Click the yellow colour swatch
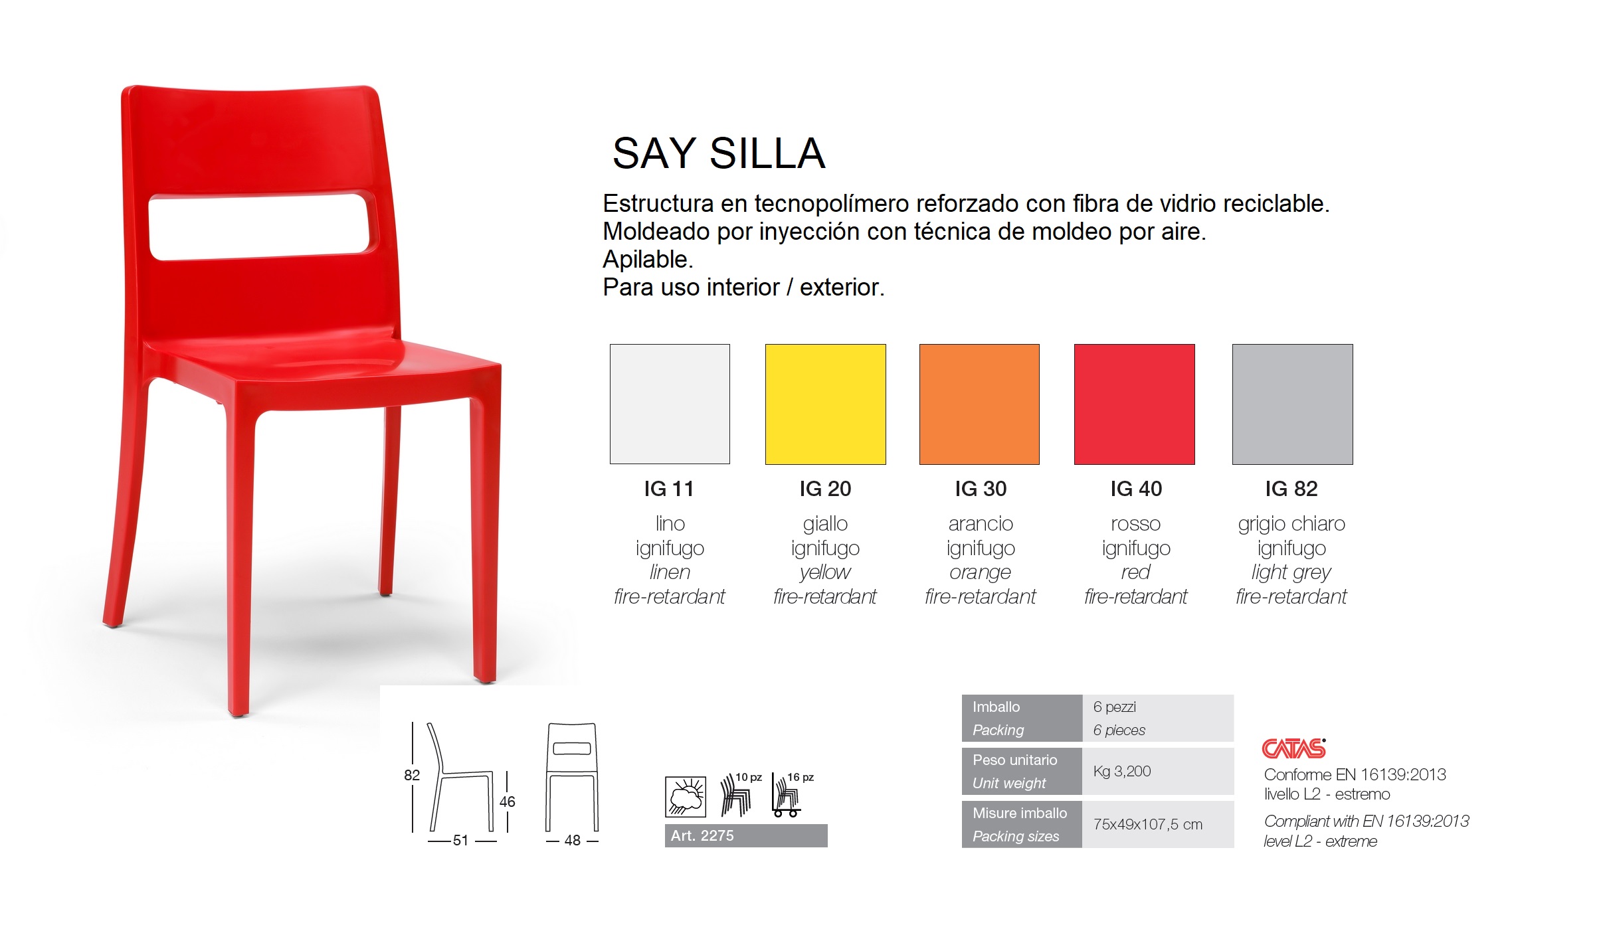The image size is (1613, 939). [x=825, y=404]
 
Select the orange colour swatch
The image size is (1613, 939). [x=979, y=404]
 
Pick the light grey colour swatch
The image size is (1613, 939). [x=1292, y=404]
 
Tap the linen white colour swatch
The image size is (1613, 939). [x=670, y=404]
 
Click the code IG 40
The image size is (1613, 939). [x=1136, y=489]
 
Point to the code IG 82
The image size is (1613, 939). [x=1291, y=489]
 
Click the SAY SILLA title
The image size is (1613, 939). [x=719, y=153]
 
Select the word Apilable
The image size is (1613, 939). [x=648, y=260]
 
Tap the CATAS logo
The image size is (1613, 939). [x=1293, y=748]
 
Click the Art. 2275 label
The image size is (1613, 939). [x=702, y=835]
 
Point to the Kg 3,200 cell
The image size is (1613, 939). [x=1122, y=771]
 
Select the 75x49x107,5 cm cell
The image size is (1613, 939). [x=1148, y=824]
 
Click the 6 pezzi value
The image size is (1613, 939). [x=1115, y=707]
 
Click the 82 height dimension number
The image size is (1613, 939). [x=412, y=775]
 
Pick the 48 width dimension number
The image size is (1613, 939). [x=573, y=840]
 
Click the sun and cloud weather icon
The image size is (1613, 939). [x=686, y=796]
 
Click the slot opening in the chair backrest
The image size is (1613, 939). [x=259, y=226]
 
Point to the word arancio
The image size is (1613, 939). [x=981, y=524]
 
